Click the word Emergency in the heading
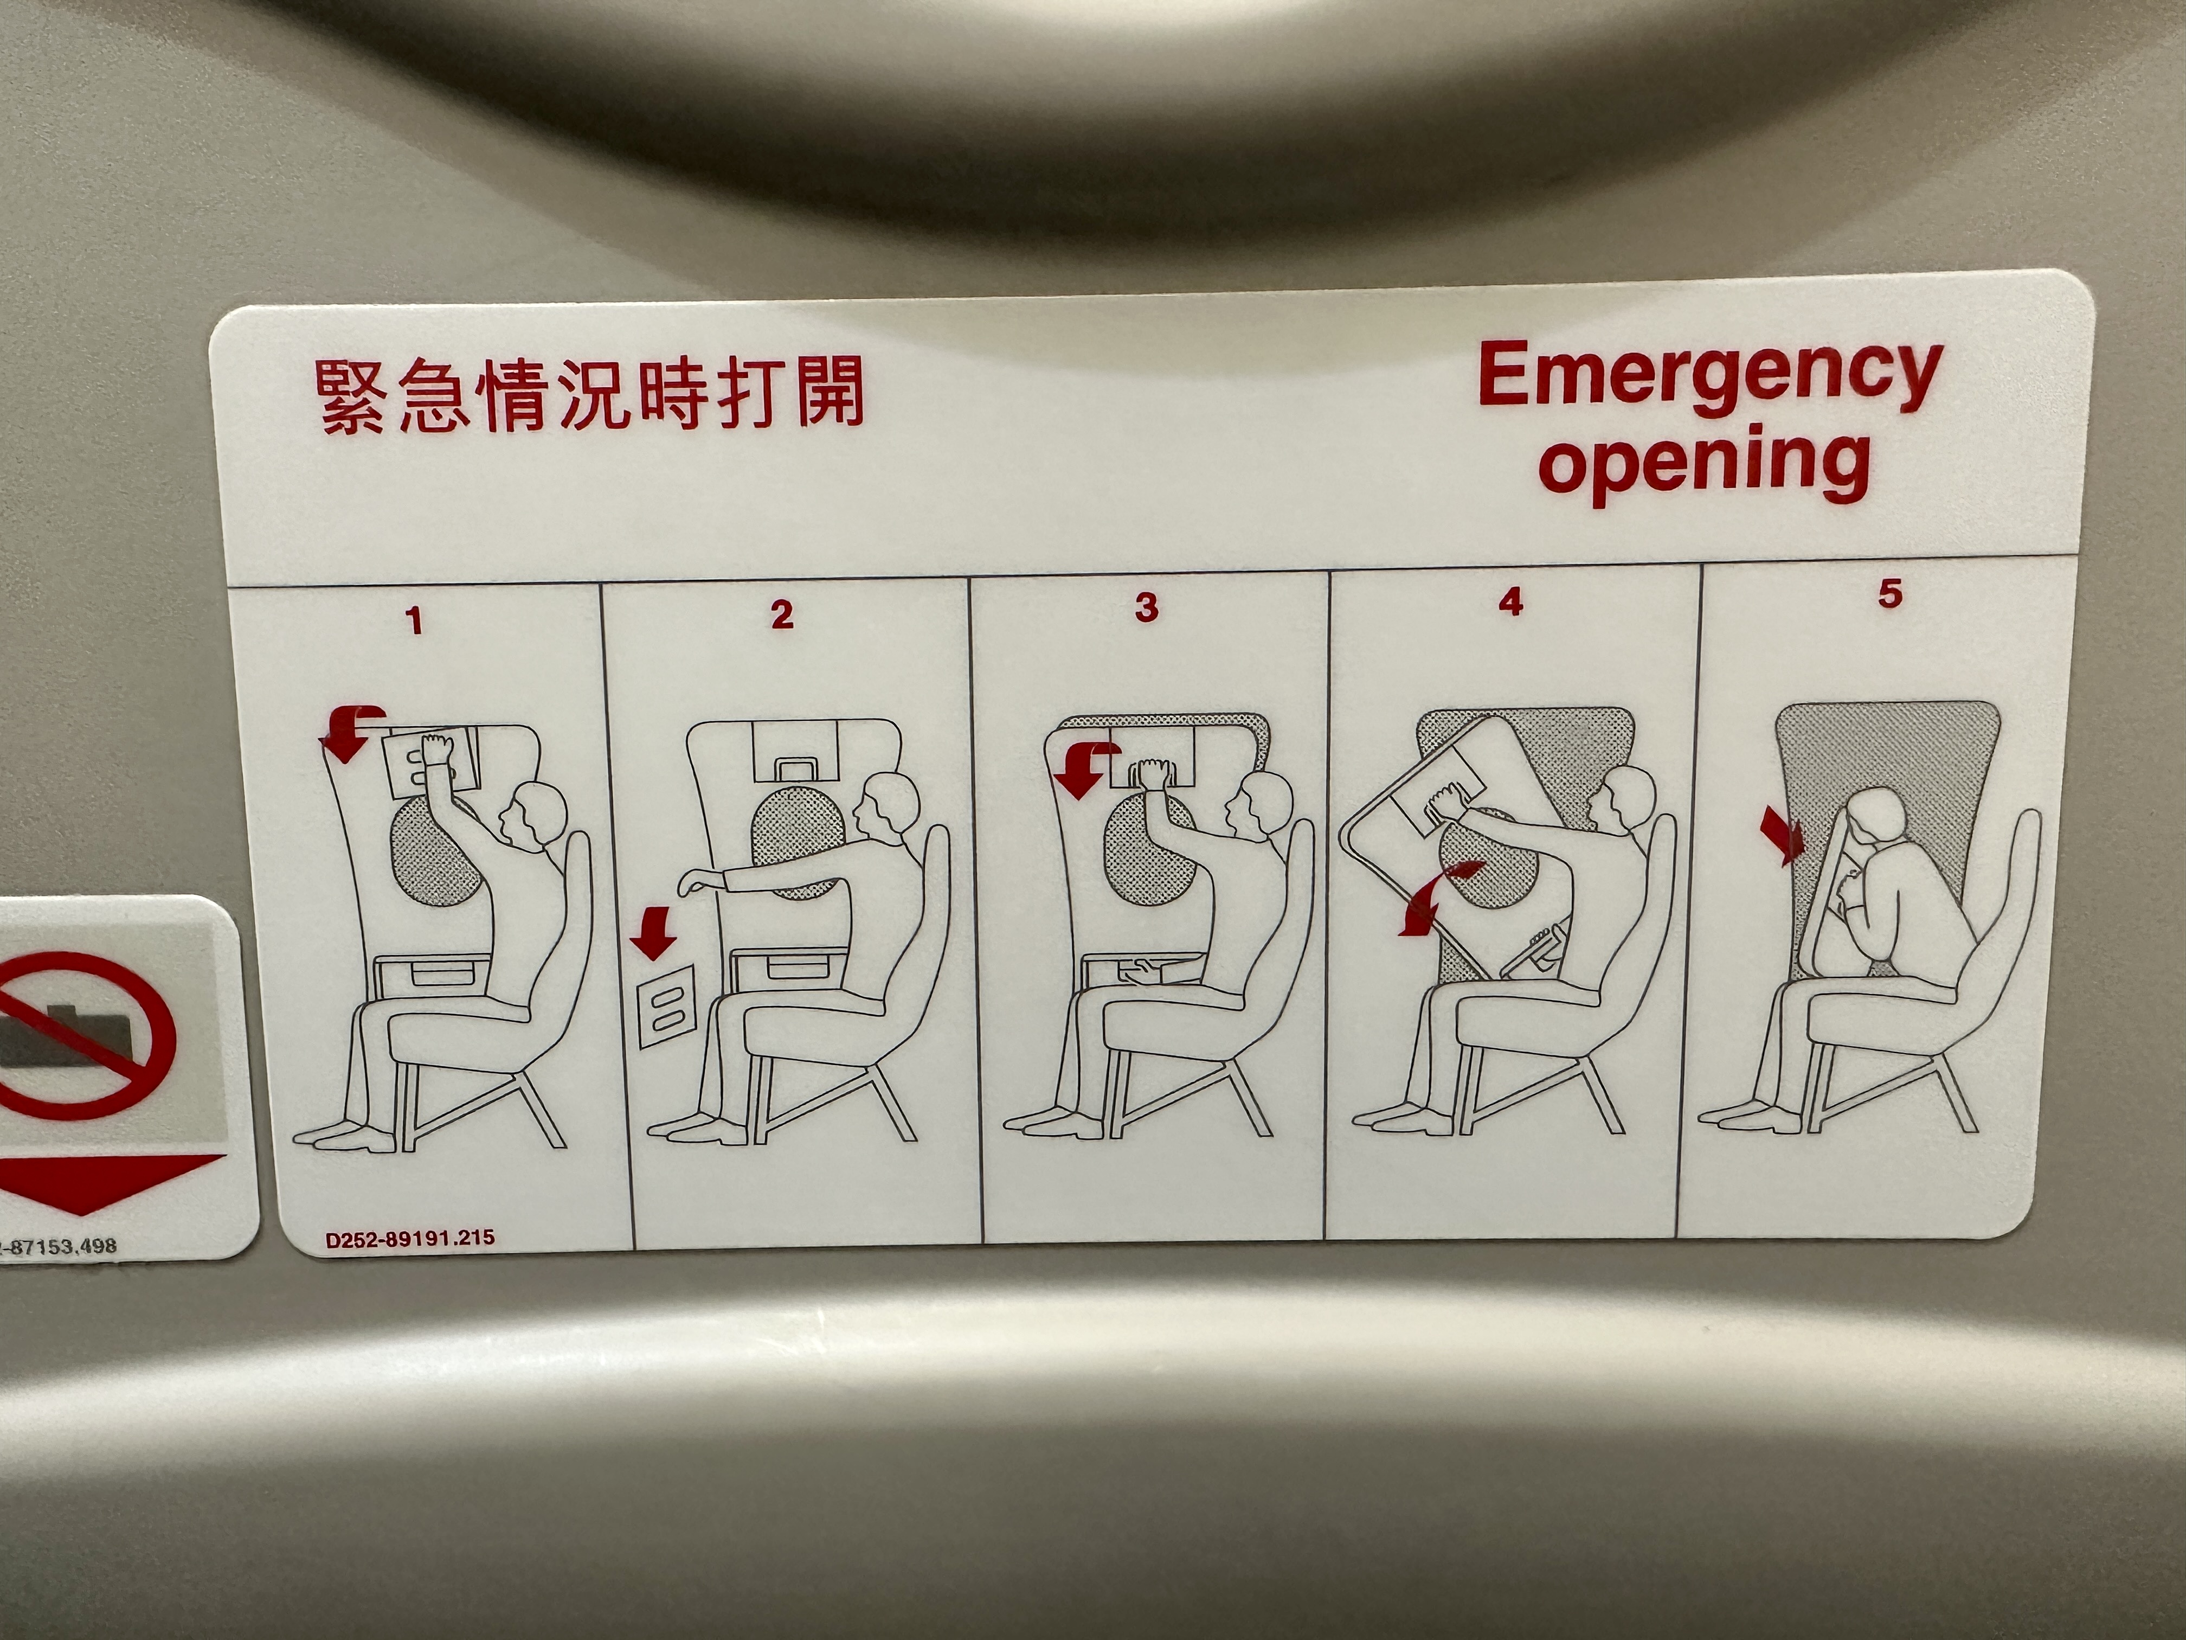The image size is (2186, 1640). (1709, 377)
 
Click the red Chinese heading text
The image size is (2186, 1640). (590, 395)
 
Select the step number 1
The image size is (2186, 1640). (414, 621)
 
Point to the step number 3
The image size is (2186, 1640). (1146, 607)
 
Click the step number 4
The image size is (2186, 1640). (1510, 601)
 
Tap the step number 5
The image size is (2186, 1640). (1889, 593)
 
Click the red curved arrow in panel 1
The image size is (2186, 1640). (346, 732)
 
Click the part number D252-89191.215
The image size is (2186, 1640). (410, 1238)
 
